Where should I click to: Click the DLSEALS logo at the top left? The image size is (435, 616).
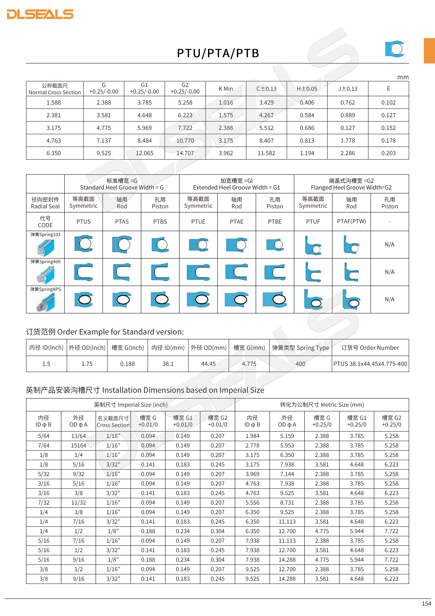(40, 14)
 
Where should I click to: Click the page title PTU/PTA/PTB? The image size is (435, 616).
(218, 53)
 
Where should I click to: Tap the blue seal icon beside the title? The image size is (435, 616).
(395, 49)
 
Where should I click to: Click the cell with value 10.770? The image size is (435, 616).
(185, 141)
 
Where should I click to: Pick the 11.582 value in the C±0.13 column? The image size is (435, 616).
(266, 153)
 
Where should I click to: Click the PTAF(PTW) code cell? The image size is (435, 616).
(351, 221)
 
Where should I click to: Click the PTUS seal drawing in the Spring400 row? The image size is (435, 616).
(83, 272)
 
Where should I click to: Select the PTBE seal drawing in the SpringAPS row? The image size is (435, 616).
(275, 299)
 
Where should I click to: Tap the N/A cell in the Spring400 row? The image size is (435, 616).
(390, 272)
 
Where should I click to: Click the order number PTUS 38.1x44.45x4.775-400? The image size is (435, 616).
(370, 364)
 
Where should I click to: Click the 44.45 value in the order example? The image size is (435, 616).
(208, 364)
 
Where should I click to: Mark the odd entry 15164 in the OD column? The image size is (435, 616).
(78, 446)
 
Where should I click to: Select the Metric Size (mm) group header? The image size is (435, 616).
(322, 405)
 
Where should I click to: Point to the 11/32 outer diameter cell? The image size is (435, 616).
(78, 503)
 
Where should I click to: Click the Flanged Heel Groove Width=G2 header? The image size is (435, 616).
(351, 184)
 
